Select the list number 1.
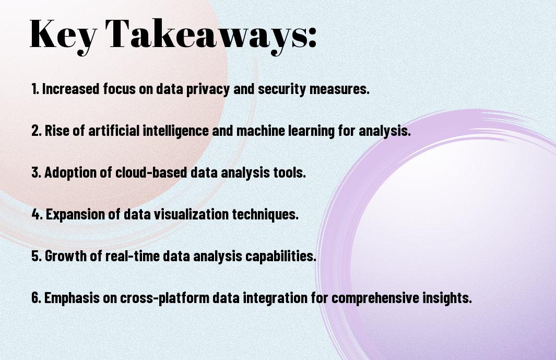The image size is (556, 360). [34, 89]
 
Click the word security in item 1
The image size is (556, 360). [282, 89]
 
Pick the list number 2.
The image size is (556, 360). [37, 131]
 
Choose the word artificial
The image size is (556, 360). [114, 130]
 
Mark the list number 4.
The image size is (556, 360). [37, 214]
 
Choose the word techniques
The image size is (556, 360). [265, 215]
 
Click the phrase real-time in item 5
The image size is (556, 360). [133, 256]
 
